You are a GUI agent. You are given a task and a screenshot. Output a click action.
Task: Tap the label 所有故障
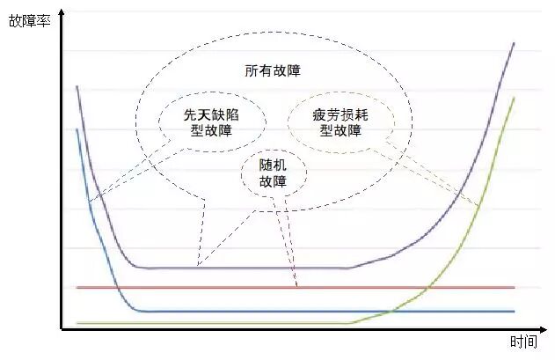coord(274,70)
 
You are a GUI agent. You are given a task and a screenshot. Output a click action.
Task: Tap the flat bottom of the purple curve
coord(246,268)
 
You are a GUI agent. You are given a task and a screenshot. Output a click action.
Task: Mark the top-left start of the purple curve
coord(77,86)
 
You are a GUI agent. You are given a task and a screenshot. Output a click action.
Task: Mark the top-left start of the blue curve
coord(77,129)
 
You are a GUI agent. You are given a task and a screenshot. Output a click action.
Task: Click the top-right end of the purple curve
coord(515,42)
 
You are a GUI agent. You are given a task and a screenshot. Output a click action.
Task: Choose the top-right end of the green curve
coord(515,97)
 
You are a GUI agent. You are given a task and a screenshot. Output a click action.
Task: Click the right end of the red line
coord(514,288)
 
